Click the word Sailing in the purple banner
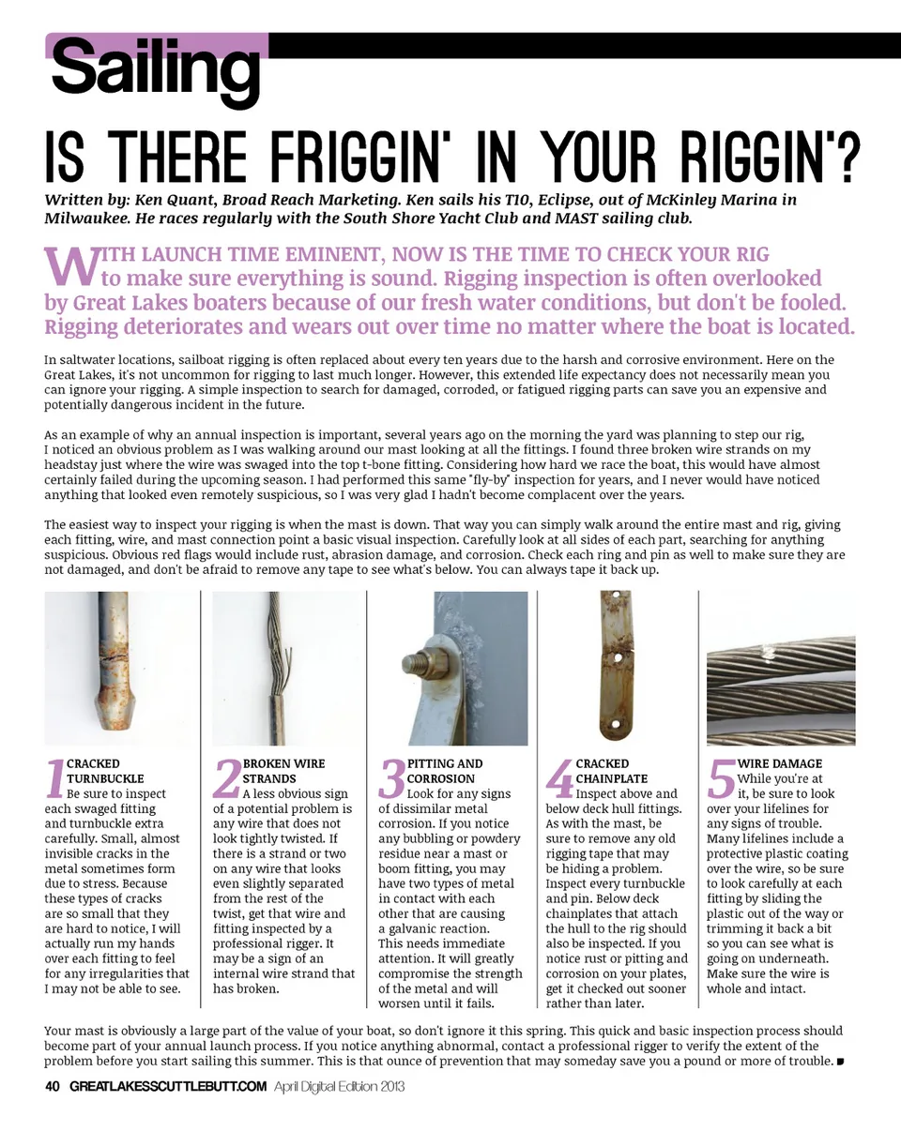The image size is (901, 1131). (156, 70)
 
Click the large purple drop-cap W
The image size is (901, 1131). (72, 266)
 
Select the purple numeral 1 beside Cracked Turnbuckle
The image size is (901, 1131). (55, 778)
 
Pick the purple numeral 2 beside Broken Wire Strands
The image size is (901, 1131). (227, 778)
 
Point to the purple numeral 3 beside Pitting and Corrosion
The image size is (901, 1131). (392, 778)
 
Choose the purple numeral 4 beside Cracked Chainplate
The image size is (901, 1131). (559, 778)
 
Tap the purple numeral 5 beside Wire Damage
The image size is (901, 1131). (721, 778)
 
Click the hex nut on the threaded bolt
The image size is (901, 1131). (441, 665)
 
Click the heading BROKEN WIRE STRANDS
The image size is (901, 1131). (284, 771)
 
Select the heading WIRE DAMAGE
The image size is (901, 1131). (780, 763)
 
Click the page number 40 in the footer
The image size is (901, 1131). (52, 1087)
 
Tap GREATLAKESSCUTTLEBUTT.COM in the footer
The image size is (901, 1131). (168, 1087)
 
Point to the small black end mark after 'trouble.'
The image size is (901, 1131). (840, 1062)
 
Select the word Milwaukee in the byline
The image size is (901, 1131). (86, 219)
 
